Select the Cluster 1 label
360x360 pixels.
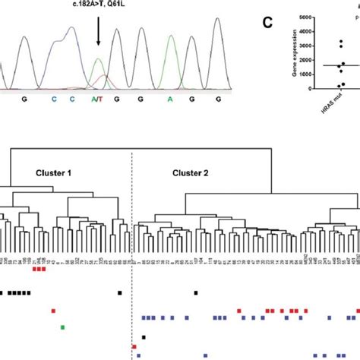[54, 172]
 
